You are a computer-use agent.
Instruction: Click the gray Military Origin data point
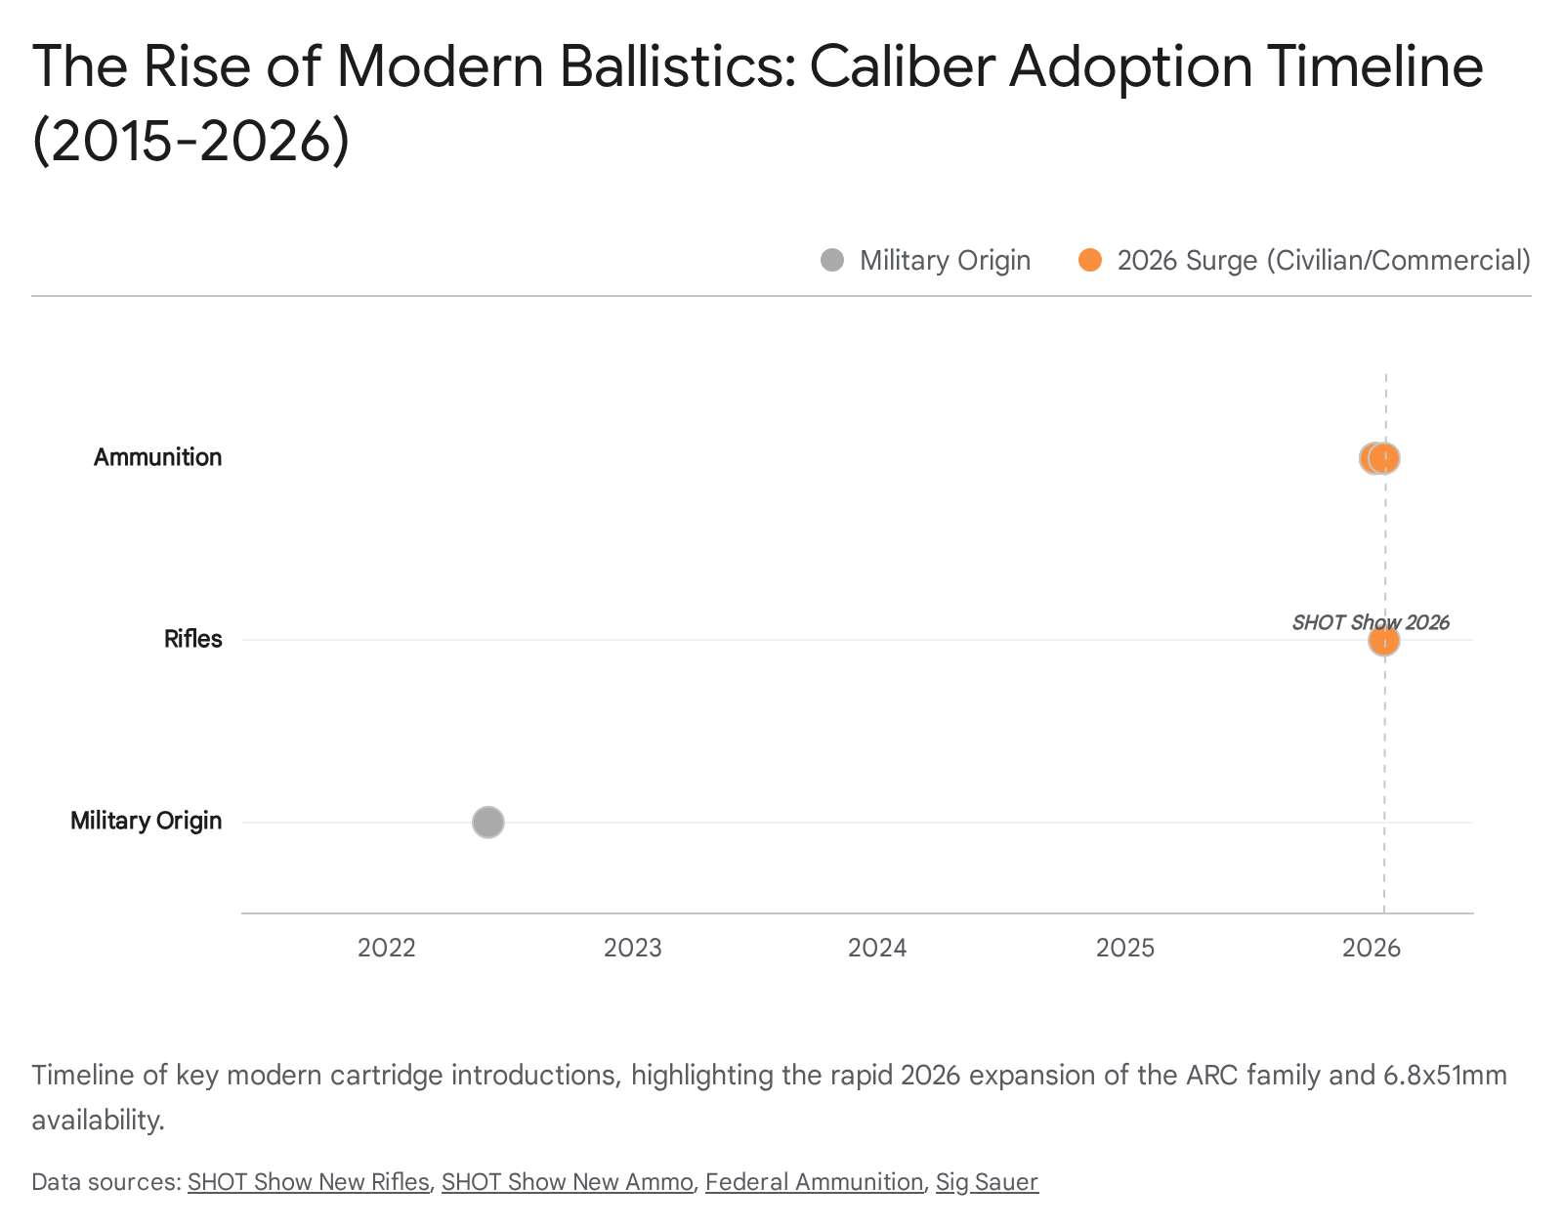click(488, 823)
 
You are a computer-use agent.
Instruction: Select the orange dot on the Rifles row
click(1383, 641)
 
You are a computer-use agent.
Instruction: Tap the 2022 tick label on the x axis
click(387, 948)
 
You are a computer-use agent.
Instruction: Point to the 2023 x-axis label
click(633, 948)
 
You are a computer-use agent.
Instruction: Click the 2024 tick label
click(877, 948)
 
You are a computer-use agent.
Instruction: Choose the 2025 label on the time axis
click(1125, 948)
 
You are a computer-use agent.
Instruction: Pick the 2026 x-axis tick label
click(1372, 948)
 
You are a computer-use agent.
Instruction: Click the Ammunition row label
click(157, 457)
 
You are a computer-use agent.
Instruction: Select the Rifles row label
click(192, 639)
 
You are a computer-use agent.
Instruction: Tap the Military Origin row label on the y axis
click(146, 821)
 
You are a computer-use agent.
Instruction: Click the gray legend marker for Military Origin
click(832, 260)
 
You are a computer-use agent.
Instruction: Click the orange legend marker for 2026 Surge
click(1090, 260)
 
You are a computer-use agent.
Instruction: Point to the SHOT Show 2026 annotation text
click(1370, 622)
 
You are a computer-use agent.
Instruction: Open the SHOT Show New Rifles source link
click(308, 1182)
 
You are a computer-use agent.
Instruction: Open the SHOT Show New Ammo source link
click(568, 1182)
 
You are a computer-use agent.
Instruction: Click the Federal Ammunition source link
click(814, 1182)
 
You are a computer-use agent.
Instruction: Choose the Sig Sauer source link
click(987, 1182)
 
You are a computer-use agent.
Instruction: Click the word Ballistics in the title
click(678, 66)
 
